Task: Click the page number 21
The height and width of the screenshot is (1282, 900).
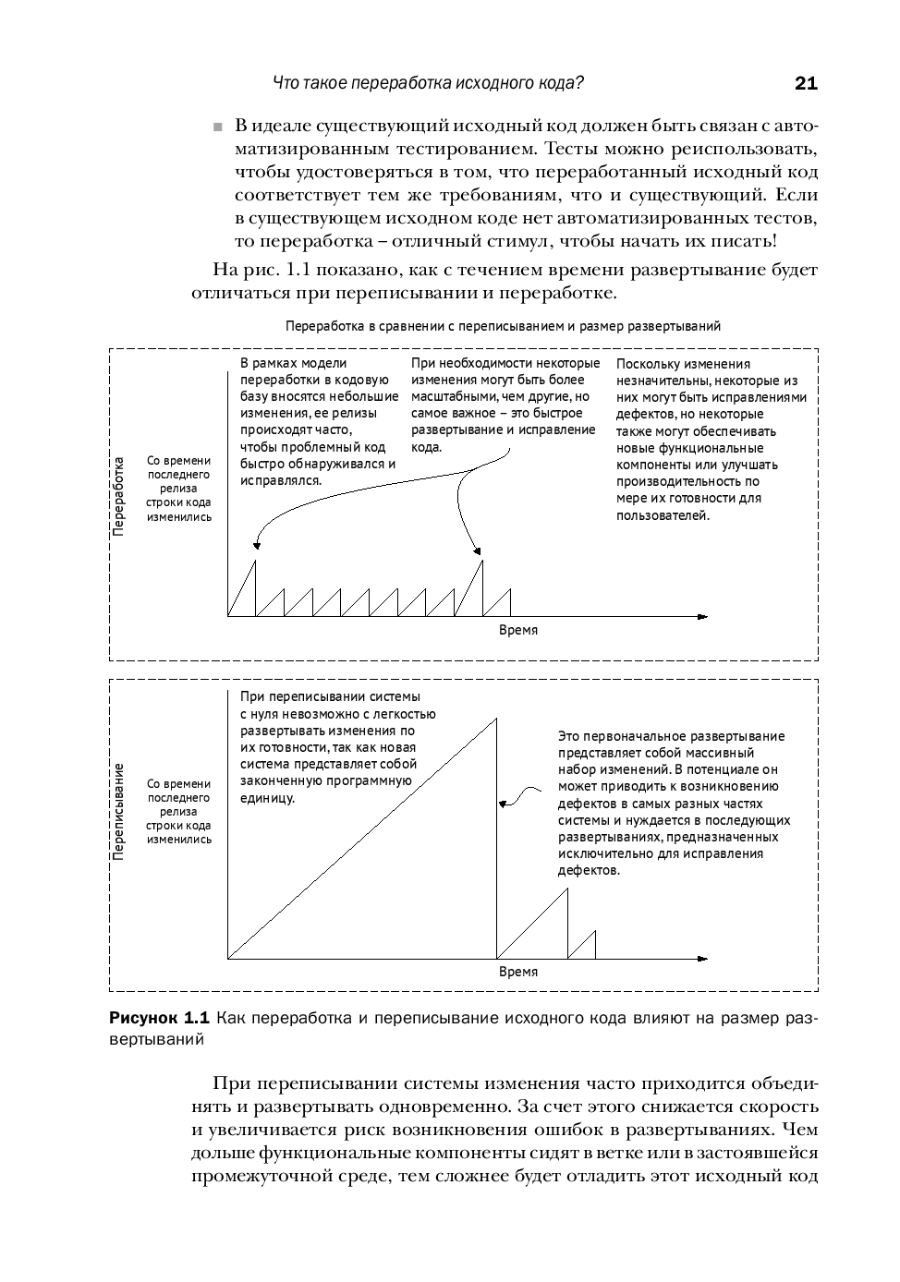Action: click(805, 84)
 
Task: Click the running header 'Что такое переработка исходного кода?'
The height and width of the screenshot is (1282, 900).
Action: click(428, 83)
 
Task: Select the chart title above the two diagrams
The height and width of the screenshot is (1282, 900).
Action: click(503, 326)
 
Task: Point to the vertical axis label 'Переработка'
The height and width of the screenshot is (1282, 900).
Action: click(118, 496)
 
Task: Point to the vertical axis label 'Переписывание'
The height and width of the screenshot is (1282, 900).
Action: click(118, 812)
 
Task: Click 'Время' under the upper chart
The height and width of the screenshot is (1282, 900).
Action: click(517, 630)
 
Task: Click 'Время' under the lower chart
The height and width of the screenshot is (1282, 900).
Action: click(517, 972)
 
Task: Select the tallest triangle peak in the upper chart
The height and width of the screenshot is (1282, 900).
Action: click(481, 562)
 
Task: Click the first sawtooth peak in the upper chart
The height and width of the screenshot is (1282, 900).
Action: click(255, 562)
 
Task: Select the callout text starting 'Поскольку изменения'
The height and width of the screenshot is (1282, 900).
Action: click(711, 440)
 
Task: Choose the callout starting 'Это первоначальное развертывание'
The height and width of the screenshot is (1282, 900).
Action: click(674, 803)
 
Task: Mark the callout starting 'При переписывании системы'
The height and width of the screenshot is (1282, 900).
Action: click(337, 746)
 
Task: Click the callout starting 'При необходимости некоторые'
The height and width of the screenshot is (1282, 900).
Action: click(505, 405)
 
